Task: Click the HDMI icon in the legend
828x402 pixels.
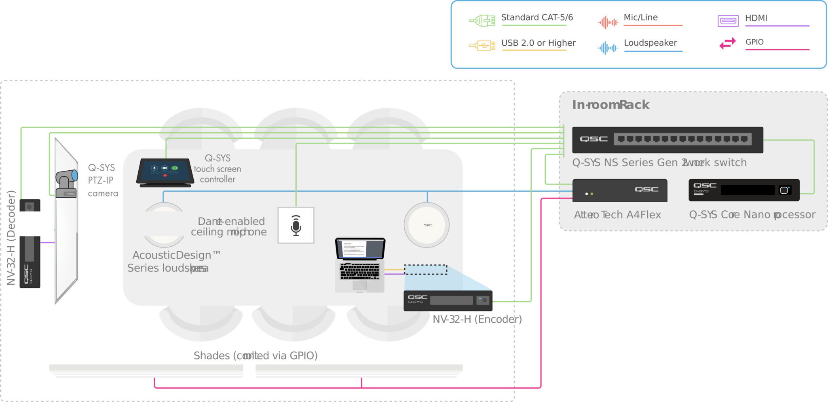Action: pos(728,21)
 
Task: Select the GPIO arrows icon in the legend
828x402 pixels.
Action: pos(727,43)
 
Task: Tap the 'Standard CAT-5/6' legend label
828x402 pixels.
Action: pos(537,17)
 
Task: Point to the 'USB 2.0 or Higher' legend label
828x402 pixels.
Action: pos(538,43)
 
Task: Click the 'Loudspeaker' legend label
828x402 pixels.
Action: pos(650,43)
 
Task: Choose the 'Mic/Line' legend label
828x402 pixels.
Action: pos(640,17)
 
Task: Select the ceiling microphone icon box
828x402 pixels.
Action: pos(296,225)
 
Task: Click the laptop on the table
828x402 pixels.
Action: pos(360,264)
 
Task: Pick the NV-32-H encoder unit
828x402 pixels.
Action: pos(448,300)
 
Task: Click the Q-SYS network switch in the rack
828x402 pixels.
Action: pos(667,140)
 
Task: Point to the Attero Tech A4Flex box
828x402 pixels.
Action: pos(620,190)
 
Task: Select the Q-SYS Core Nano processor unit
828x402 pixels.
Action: pos(744,190)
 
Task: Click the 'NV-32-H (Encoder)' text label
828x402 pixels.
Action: pos(477,319)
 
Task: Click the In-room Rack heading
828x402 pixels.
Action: pos(610,105)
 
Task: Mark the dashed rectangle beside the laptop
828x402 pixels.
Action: pos(426,270)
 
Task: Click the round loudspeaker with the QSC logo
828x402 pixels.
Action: pos(427,225)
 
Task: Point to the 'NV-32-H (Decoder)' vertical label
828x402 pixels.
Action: pos(11,238)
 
